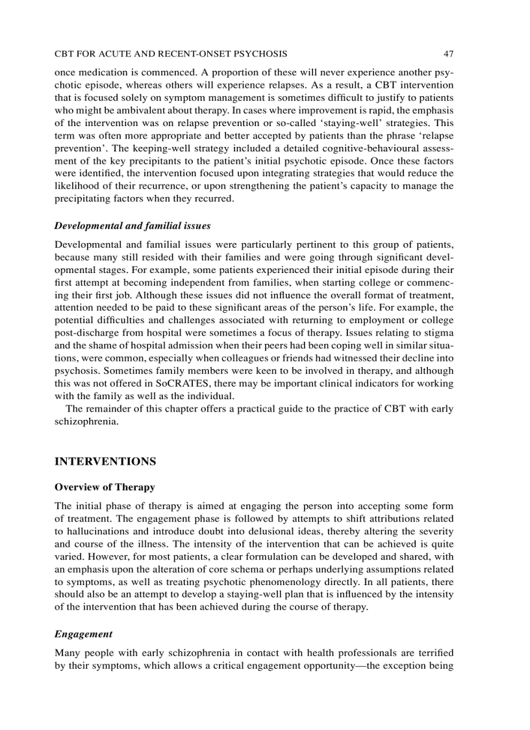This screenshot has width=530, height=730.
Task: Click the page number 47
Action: tap(448, 53)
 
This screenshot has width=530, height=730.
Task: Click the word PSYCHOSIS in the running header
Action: tap(262, 53)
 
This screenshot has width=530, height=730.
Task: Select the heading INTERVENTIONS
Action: tap(105, 462)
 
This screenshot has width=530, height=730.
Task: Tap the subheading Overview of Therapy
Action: tap(105, 487)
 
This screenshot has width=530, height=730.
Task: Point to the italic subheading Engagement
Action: tap(83, 634)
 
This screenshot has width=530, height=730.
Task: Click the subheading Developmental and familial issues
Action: tap(132, 226)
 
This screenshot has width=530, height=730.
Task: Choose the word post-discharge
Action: tap(85, 334)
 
